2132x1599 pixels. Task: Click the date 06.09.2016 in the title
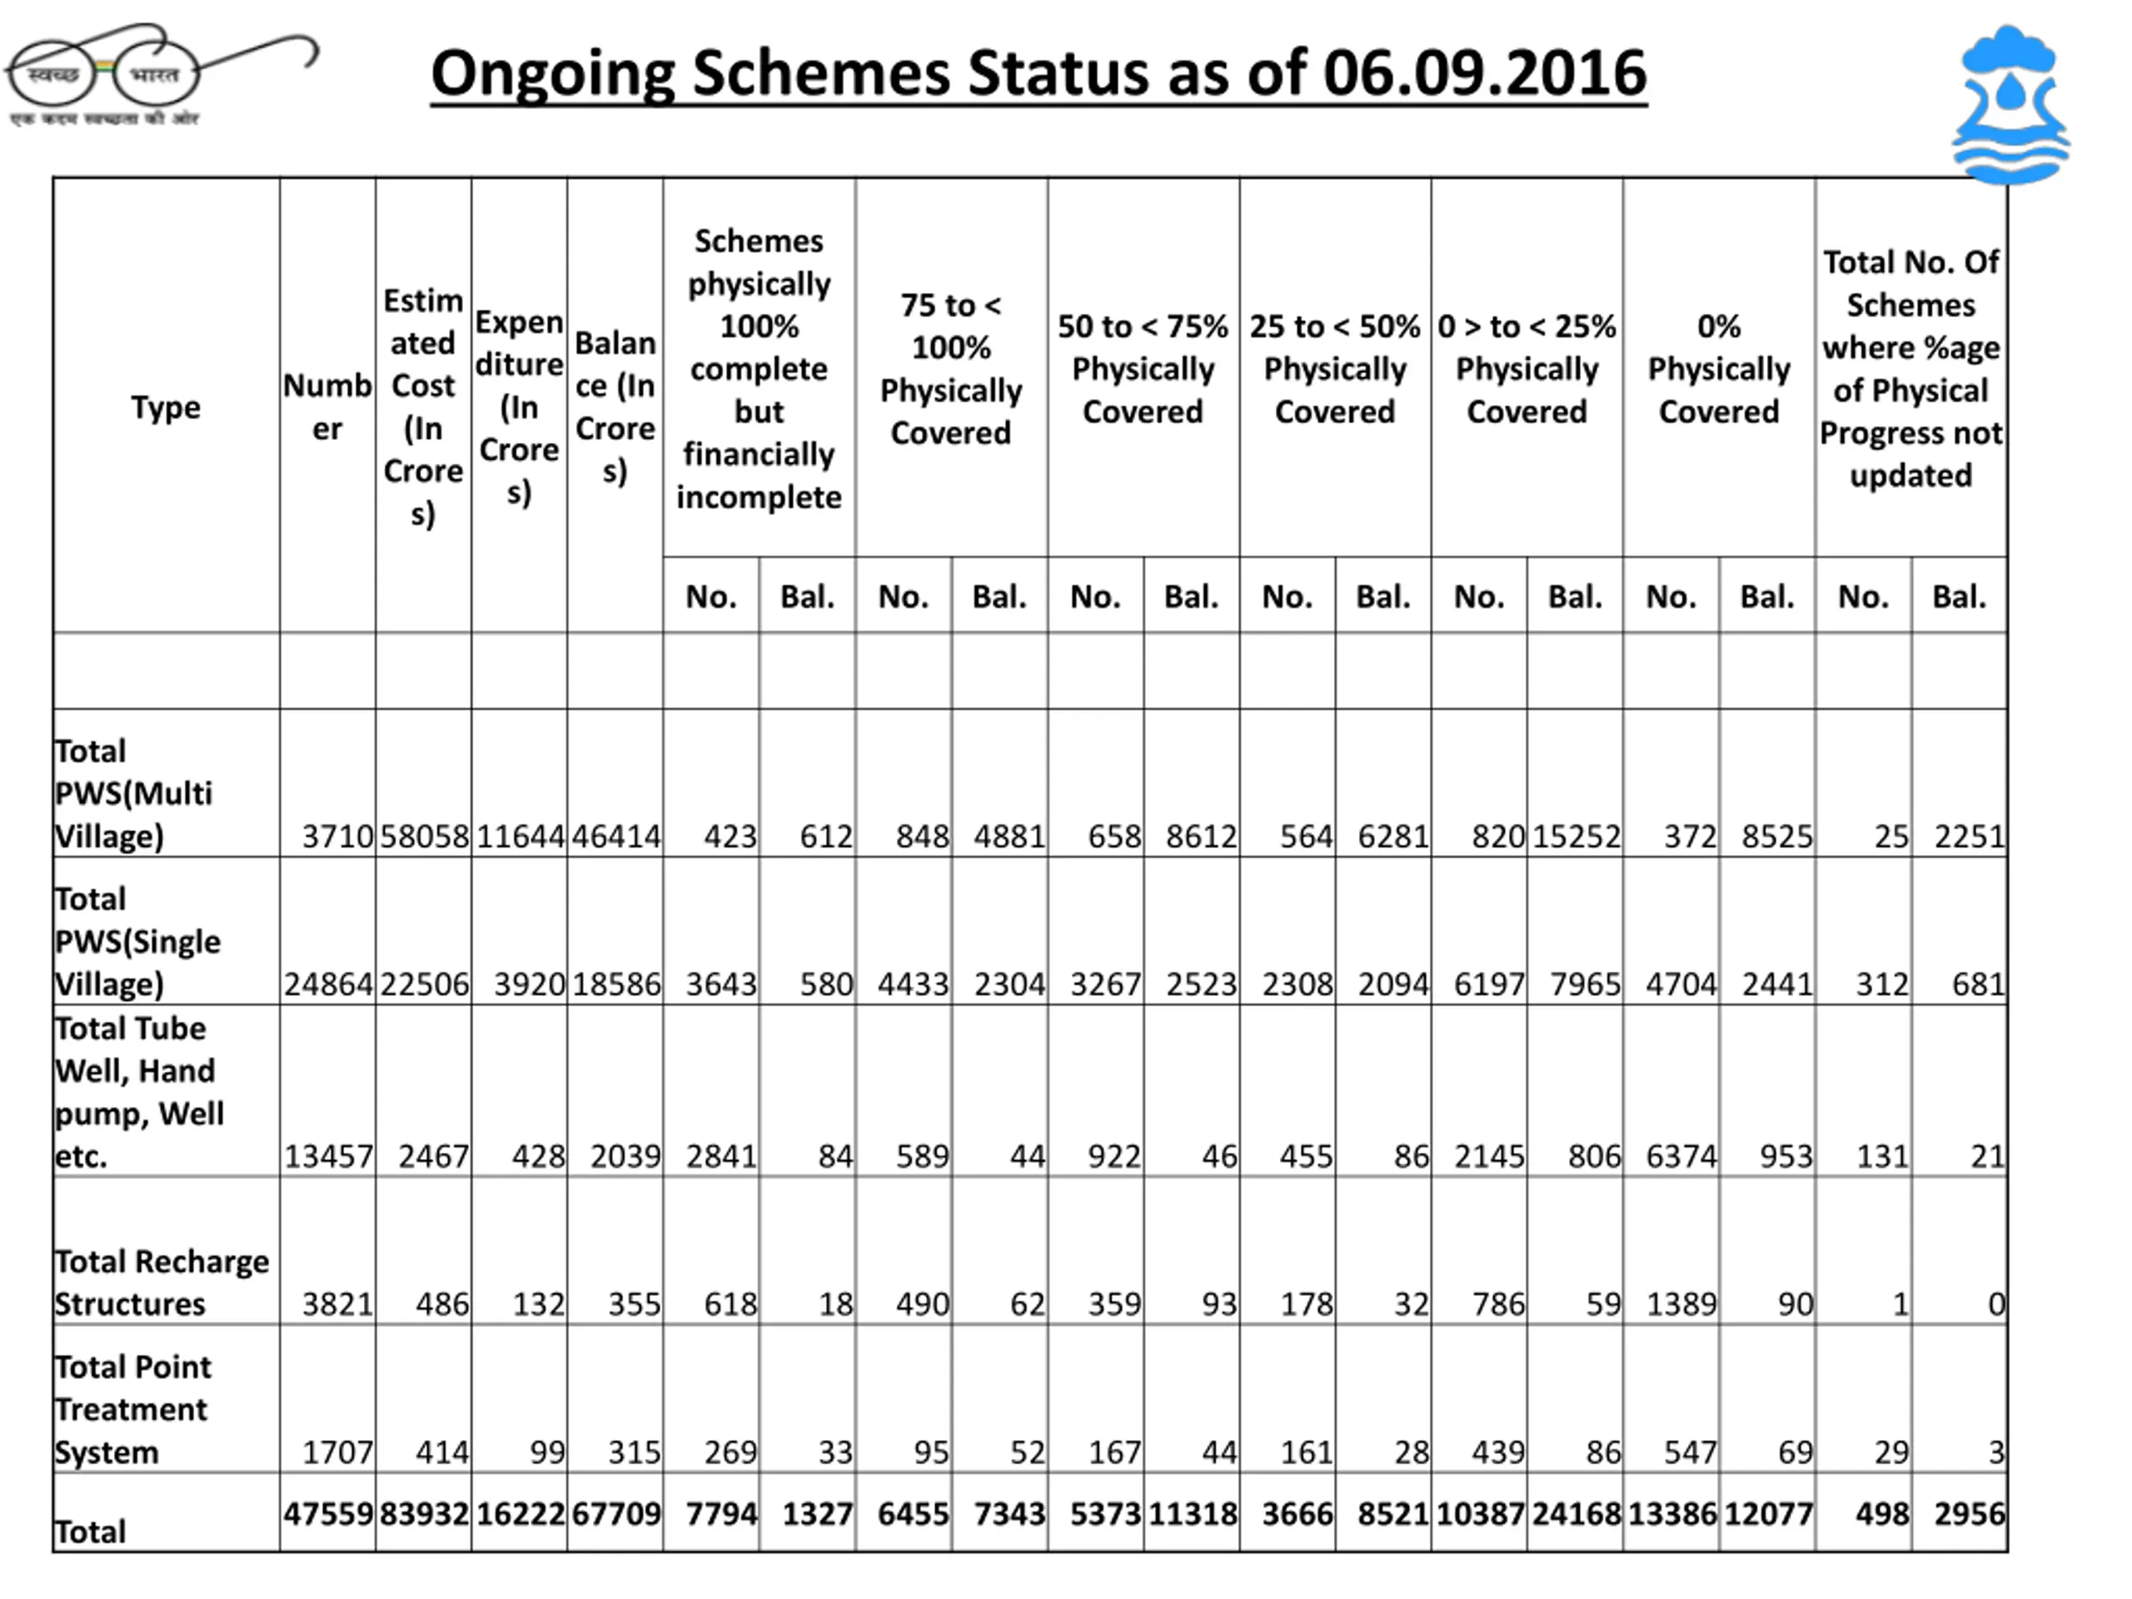[x=1484, y=73]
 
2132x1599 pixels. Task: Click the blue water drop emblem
[x=2010, y=104]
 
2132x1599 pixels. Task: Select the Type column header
[x=166, y=406]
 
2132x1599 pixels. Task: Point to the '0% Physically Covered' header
[x=1719, y=368]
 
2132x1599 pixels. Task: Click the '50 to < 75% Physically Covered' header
[x=1143, y=368]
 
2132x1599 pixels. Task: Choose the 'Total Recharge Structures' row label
[x=161, y=1282]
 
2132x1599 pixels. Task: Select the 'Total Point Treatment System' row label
[x=133, y=1409]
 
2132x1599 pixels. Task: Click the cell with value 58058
[x=424, y=835]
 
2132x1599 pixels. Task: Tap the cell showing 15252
[x=1577, y=835]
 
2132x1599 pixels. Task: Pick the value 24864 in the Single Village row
[x=327, y=984]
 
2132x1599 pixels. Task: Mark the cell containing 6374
[x=1681, y=1156]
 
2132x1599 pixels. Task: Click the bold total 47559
[x=327, y=1514]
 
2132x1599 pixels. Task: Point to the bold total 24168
[x=1577, y=1514]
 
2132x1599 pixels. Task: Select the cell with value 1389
[x=1681, y=1304]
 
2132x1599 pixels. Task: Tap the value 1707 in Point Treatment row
[x=337, y=1452]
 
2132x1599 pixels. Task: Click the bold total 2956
[x=1969, y=1514]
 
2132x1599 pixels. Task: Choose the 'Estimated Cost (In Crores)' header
[x=423, y=406]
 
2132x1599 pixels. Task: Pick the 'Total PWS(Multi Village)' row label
[x=133, y=793]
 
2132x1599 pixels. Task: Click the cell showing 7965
[x=1586, y=984]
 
